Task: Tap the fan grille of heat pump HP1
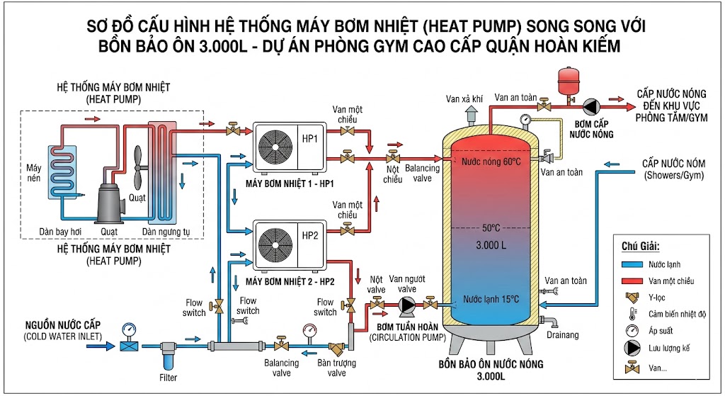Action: pyautogui.click(x=275, y=147)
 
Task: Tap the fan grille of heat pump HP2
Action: pyautogui.click(x=275, y=244)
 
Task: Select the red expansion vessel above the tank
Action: pyautogui.click(x=567, y=81)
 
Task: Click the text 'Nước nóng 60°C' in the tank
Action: pyautogui.click(x=491, y=162)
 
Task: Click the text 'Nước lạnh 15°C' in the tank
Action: pyautogui.click(x=491, y=299)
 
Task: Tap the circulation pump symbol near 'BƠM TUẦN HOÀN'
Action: pyautogui.click(x=406, y=305)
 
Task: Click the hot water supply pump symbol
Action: pyautogui.click(x=590, y=106)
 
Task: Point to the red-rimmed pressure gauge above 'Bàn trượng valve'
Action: pyautogui.click(x=309, y=330)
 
